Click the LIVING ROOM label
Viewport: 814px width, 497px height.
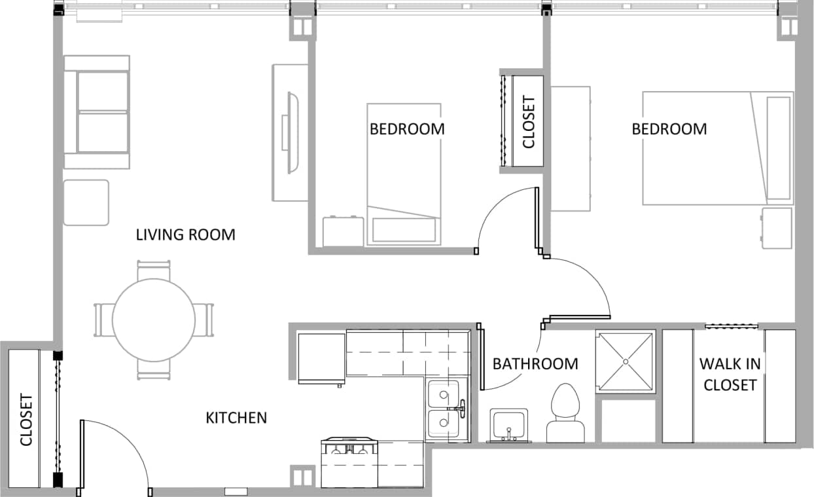tap(185, 234)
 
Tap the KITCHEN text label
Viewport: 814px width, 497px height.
tap(236, 418)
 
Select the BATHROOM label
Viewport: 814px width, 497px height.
tap(535, 363)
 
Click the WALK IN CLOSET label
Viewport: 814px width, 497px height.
tap(730, 374)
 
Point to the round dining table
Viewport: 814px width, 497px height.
tap(154, 320)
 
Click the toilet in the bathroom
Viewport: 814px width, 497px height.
tap(565, 414)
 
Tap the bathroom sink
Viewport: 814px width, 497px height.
tap(509, 425)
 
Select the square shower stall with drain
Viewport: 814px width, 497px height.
tap(625, 361)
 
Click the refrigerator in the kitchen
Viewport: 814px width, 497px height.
tap(321, 357)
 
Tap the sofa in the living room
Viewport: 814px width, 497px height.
tap(97, 112)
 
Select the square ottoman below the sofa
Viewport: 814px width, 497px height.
tap(86, 202)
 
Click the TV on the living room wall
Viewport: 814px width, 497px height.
tap(292, 133)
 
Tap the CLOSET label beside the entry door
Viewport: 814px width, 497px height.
tap(26, 420)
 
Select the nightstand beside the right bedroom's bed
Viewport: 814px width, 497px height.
tap(776, 228)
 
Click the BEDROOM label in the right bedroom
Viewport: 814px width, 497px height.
tap(669, 129)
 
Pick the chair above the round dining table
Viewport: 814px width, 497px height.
tap(154, 270)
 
